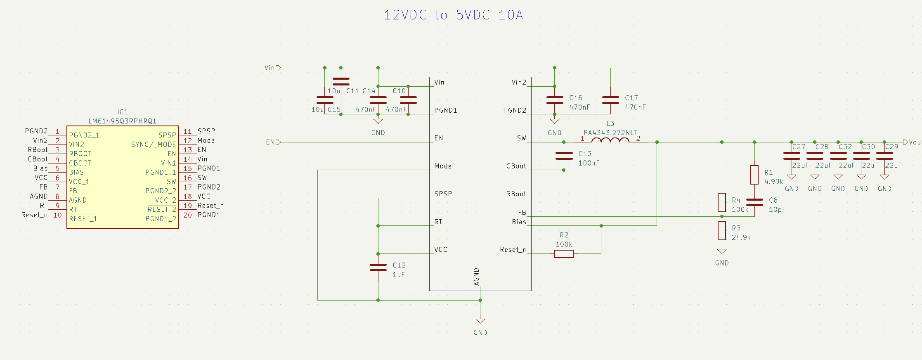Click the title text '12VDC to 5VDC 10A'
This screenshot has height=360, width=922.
(453, 15)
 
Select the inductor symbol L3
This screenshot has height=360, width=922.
(610, 140)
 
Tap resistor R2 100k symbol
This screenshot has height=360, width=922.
(564, 254)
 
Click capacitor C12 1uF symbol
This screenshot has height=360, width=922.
(378, 268)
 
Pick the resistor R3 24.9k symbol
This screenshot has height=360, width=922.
(721, 230)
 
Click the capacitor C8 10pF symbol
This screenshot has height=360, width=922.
(754, 202)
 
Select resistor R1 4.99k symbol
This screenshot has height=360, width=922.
(754, 175)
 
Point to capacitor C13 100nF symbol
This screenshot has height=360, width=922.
(564, 156)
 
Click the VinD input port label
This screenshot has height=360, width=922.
(272, 68)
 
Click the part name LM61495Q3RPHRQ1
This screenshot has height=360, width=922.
(123, 121)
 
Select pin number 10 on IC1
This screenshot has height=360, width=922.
(57, 215)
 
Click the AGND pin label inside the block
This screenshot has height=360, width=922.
(477, 277)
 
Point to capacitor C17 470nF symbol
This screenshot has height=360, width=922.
(610, 100)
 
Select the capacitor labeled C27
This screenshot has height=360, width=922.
(791, 156)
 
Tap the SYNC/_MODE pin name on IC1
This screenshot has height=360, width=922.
(154, 144)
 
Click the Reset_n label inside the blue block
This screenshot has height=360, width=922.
(513, 250)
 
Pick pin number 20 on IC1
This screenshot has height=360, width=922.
(188, 215)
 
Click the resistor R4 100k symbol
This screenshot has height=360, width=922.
(721, 202)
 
